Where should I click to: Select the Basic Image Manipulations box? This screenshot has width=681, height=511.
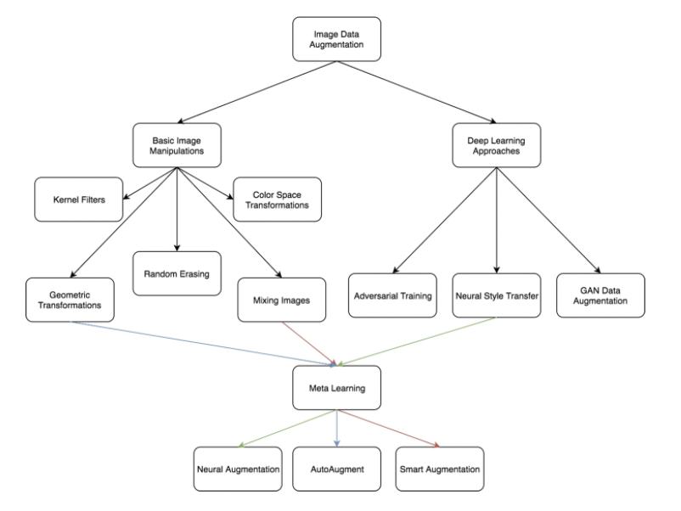pos(177,144)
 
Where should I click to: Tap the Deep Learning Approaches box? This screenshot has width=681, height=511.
pos(497,144)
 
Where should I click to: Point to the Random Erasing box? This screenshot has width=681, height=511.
pos(177,273)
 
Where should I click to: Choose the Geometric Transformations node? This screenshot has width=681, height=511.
pos(70,300)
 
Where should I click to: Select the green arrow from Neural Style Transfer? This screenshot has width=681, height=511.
pos(416,343)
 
